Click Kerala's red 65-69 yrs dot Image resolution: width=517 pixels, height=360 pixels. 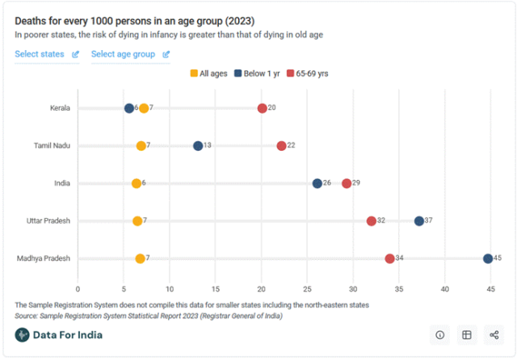(262, 108)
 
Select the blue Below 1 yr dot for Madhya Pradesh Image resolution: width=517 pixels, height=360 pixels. (488, 258)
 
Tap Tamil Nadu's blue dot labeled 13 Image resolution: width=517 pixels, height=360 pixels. (198, 146)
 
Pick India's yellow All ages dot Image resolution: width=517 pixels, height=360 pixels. (137, 183)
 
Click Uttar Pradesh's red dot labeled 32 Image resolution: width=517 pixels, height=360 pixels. (372, 221)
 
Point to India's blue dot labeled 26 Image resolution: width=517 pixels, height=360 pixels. (317, 183)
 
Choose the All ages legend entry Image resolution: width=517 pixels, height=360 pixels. (208, 73)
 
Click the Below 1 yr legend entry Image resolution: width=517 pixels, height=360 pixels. (258, 73)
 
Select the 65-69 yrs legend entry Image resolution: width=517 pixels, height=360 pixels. (308, 73)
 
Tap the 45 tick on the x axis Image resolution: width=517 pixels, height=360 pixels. (490, 288)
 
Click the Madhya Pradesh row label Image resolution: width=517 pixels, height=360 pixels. (43, 258)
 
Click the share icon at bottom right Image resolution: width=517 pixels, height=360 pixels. (493, 334)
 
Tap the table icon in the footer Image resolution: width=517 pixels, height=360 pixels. (466, 334)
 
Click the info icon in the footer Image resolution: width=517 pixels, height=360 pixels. (440, 334)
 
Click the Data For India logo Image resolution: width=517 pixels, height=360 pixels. (59, 335)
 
